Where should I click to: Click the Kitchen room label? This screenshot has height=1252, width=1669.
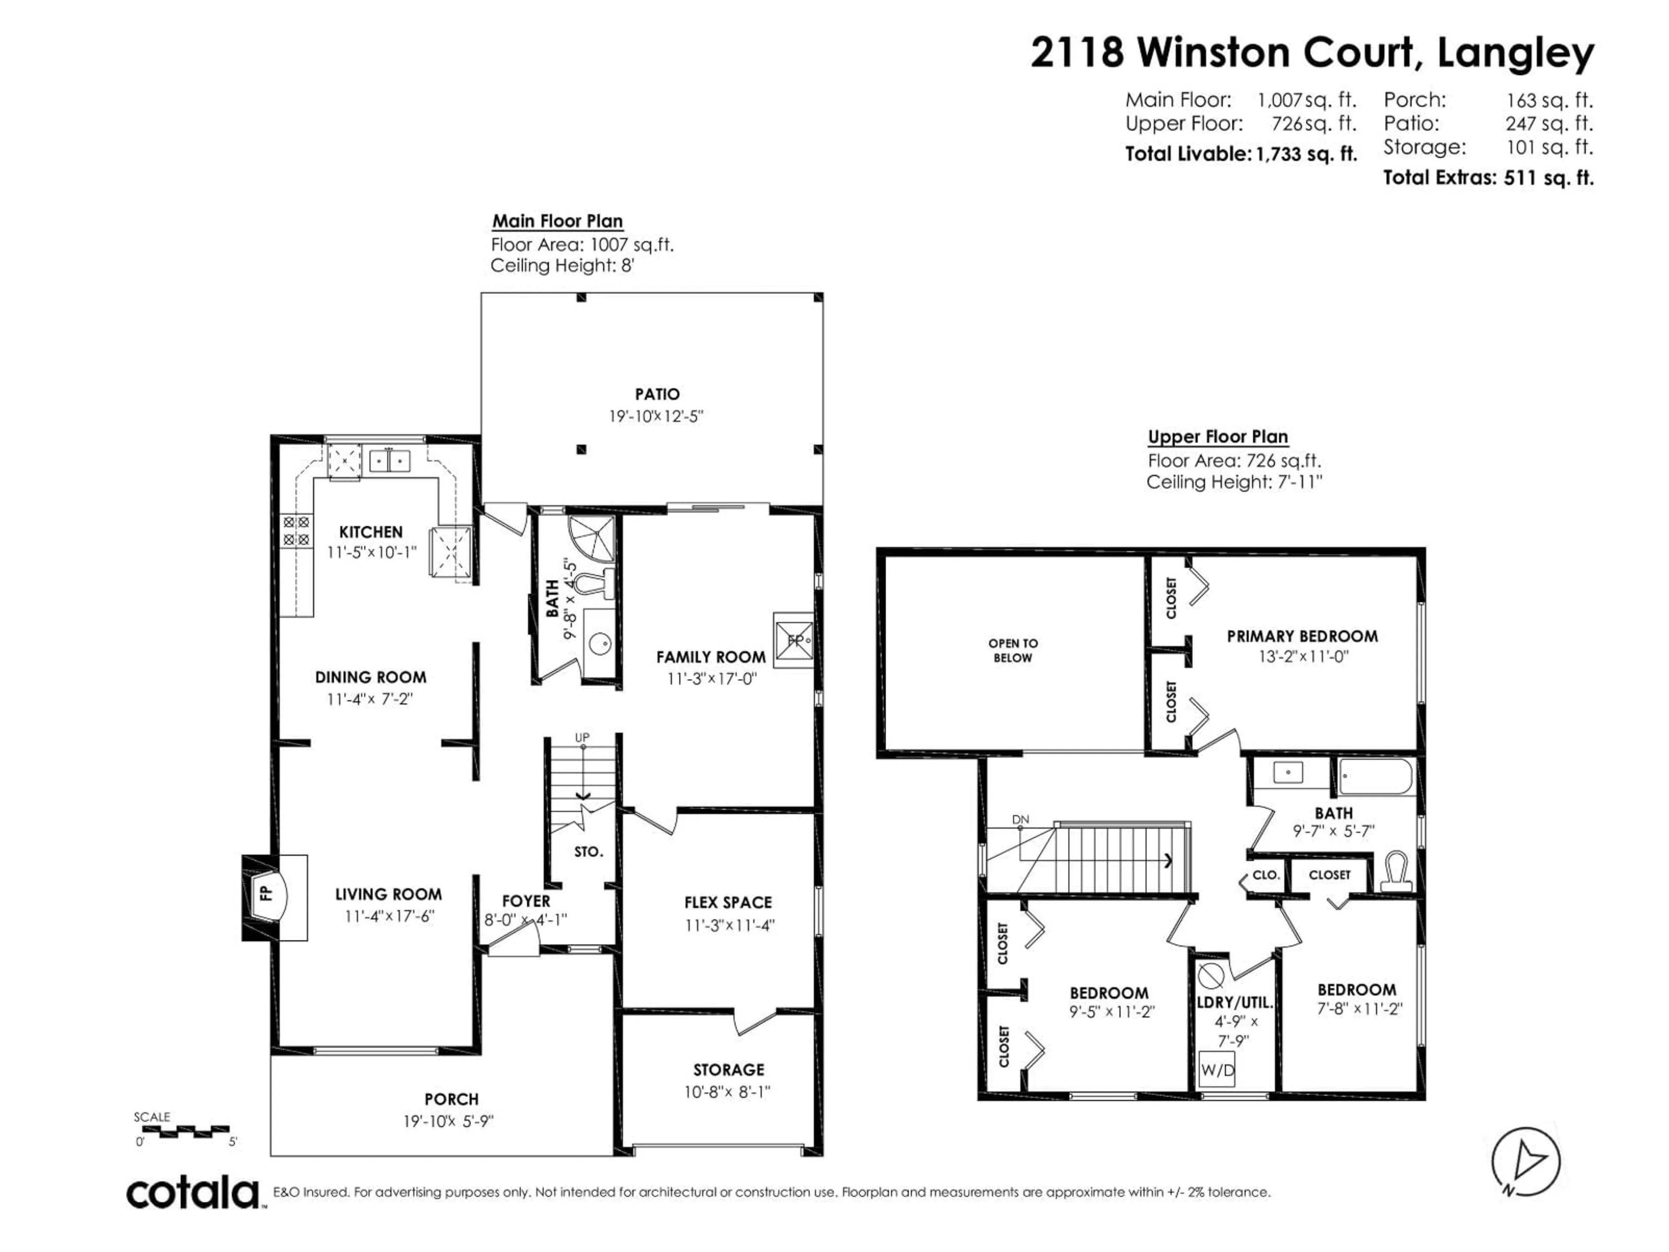(x=370, y=532)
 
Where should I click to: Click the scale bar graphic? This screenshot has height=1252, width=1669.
(x=186, y=1131)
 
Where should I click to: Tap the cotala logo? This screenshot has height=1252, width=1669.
(x=193, y=1193)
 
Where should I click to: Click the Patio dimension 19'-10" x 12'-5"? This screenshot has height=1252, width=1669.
(x=656, y=416)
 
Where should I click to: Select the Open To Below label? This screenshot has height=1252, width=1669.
(x=1013, y=650)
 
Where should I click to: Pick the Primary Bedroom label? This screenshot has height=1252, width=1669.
(x=1302, y=636)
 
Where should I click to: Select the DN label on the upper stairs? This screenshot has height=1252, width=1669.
(x=1020, y=819)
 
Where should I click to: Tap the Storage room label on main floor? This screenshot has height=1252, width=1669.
(x=728, y=1069)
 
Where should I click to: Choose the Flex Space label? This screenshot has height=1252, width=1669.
(x=728, y=902)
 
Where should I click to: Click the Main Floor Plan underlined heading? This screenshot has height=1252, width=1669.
(x=558, y=221)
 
